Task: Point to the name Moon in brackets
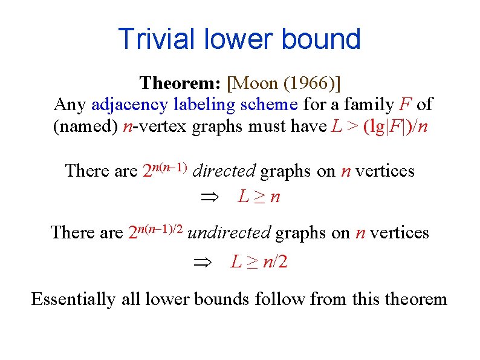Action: tap(253, 82)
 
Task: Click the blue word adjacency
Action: tap(129, 105)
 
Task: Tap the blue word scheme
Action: tap(269, 105)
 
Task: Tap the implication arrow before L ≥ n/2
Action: tap(200, 263)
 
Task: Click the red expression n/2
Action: tap(275, 262)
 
